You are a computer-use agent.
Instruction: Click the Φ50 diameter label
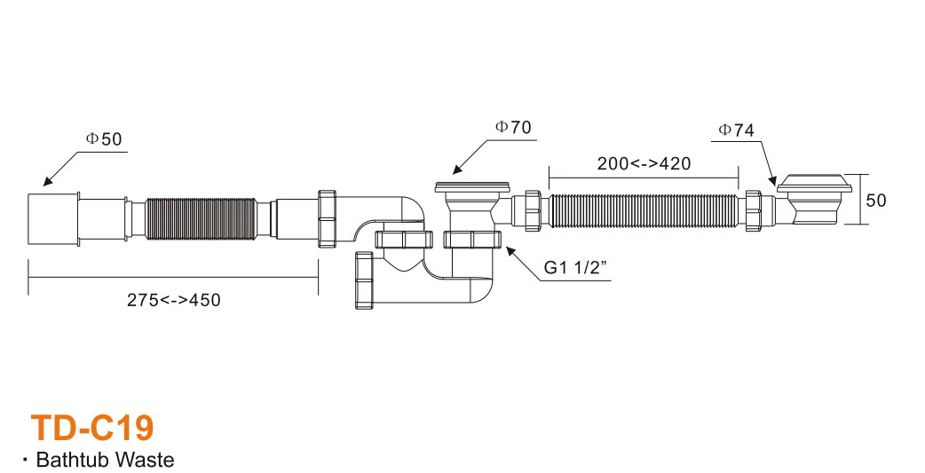[x=104, y=139]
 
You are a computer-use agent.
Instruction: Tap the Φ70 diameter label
[x=513, y=127]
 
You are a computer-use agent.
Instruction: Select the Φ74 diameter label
[x=736, y=130]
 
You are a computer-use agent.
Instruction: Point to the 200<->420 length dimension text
[x=644, y=163]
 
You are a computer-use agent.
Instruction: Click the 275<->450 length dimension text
[x=173, y=300]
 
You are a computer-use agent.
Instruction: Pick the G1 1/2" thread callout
[x=575, y=267]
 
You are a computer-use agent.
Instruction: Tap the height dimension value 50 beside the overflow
[x=876, y=201]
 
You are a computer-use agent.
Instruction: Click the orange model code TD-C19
[x=92, y=428]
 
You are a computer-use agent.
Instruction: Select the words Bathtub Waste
[x=105, y=460]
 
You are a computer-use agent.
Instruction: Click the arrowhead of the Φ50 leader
[x=46, y=183]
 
